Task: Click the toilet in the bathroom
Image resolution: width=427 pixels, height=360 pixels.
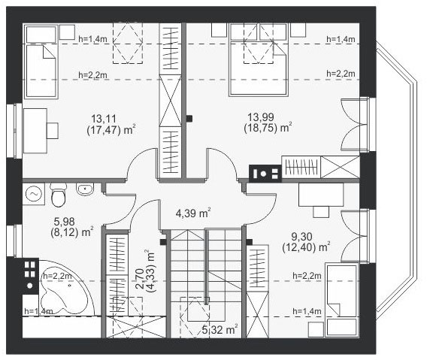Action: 59,195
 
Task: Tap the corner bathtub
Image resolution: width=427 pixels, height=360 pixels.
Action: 65,288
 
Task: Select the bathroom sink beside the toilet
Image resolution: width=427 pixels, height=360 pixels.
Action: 85,189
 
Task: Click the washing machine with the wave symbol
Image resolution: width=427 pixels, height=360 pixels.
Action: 34,194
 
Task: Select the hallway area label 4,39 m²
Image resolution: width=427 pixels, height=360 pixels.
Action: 193,213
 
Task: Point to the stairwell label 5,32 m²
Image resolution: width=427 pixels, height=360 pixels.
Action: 220,329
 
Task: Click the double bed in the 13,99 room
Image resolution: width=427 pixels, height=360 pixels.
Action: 259,59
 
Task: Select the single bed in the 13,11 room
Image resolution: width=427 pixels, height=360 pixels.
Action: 41,62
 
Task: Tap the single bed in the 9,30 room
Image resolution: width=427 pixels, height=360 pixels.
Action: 342,300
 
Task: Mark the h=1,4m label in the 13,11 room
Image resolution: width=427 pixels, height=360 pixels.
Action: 92,39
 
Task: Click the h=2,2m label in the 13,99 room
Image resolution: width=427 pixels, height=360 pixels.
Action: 341,73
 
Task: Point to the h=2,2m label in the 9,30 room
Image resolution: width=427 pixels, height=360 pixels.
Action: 307,276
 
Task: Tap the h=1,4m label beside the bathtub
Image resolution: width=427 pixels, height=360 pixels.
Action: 38,311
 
